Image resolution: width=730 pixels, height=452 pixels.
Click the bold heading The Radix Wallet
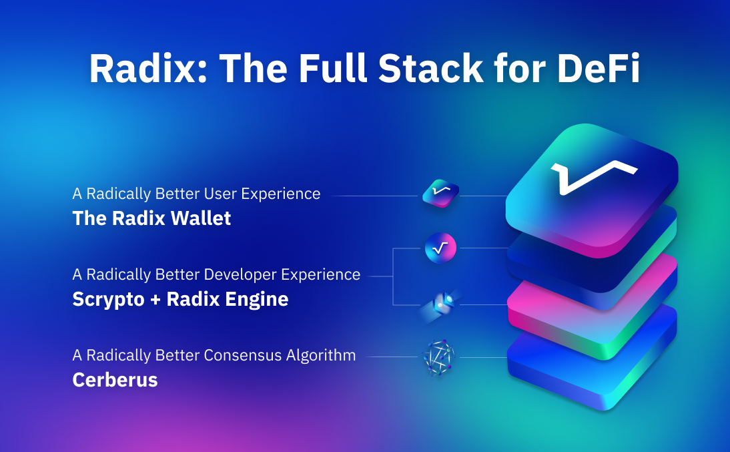pyautogui.click(x=151, y=218)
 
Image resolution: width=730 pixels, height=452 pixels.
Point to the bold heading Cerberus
pyautogui.click(x=115, y=380)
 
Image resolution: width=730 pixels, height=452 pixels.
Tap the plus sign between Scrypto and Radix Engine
pyautogui.click(x=155, y=300)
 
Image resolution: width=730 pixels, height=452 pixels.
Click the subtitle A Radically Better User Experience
pyautogui.click(x=196, y=194)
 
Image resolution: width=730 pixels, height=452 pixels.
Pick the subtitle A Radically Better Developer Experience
pyautogui.click(x=216, y=274)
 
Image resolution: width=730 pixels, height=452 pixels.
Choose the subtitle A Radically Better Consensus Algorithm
pyautogui.click(x=214, y=355)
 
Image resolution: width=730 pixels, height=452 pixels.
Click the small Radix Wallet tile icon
pyautogui.click(x=440, y=194)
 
